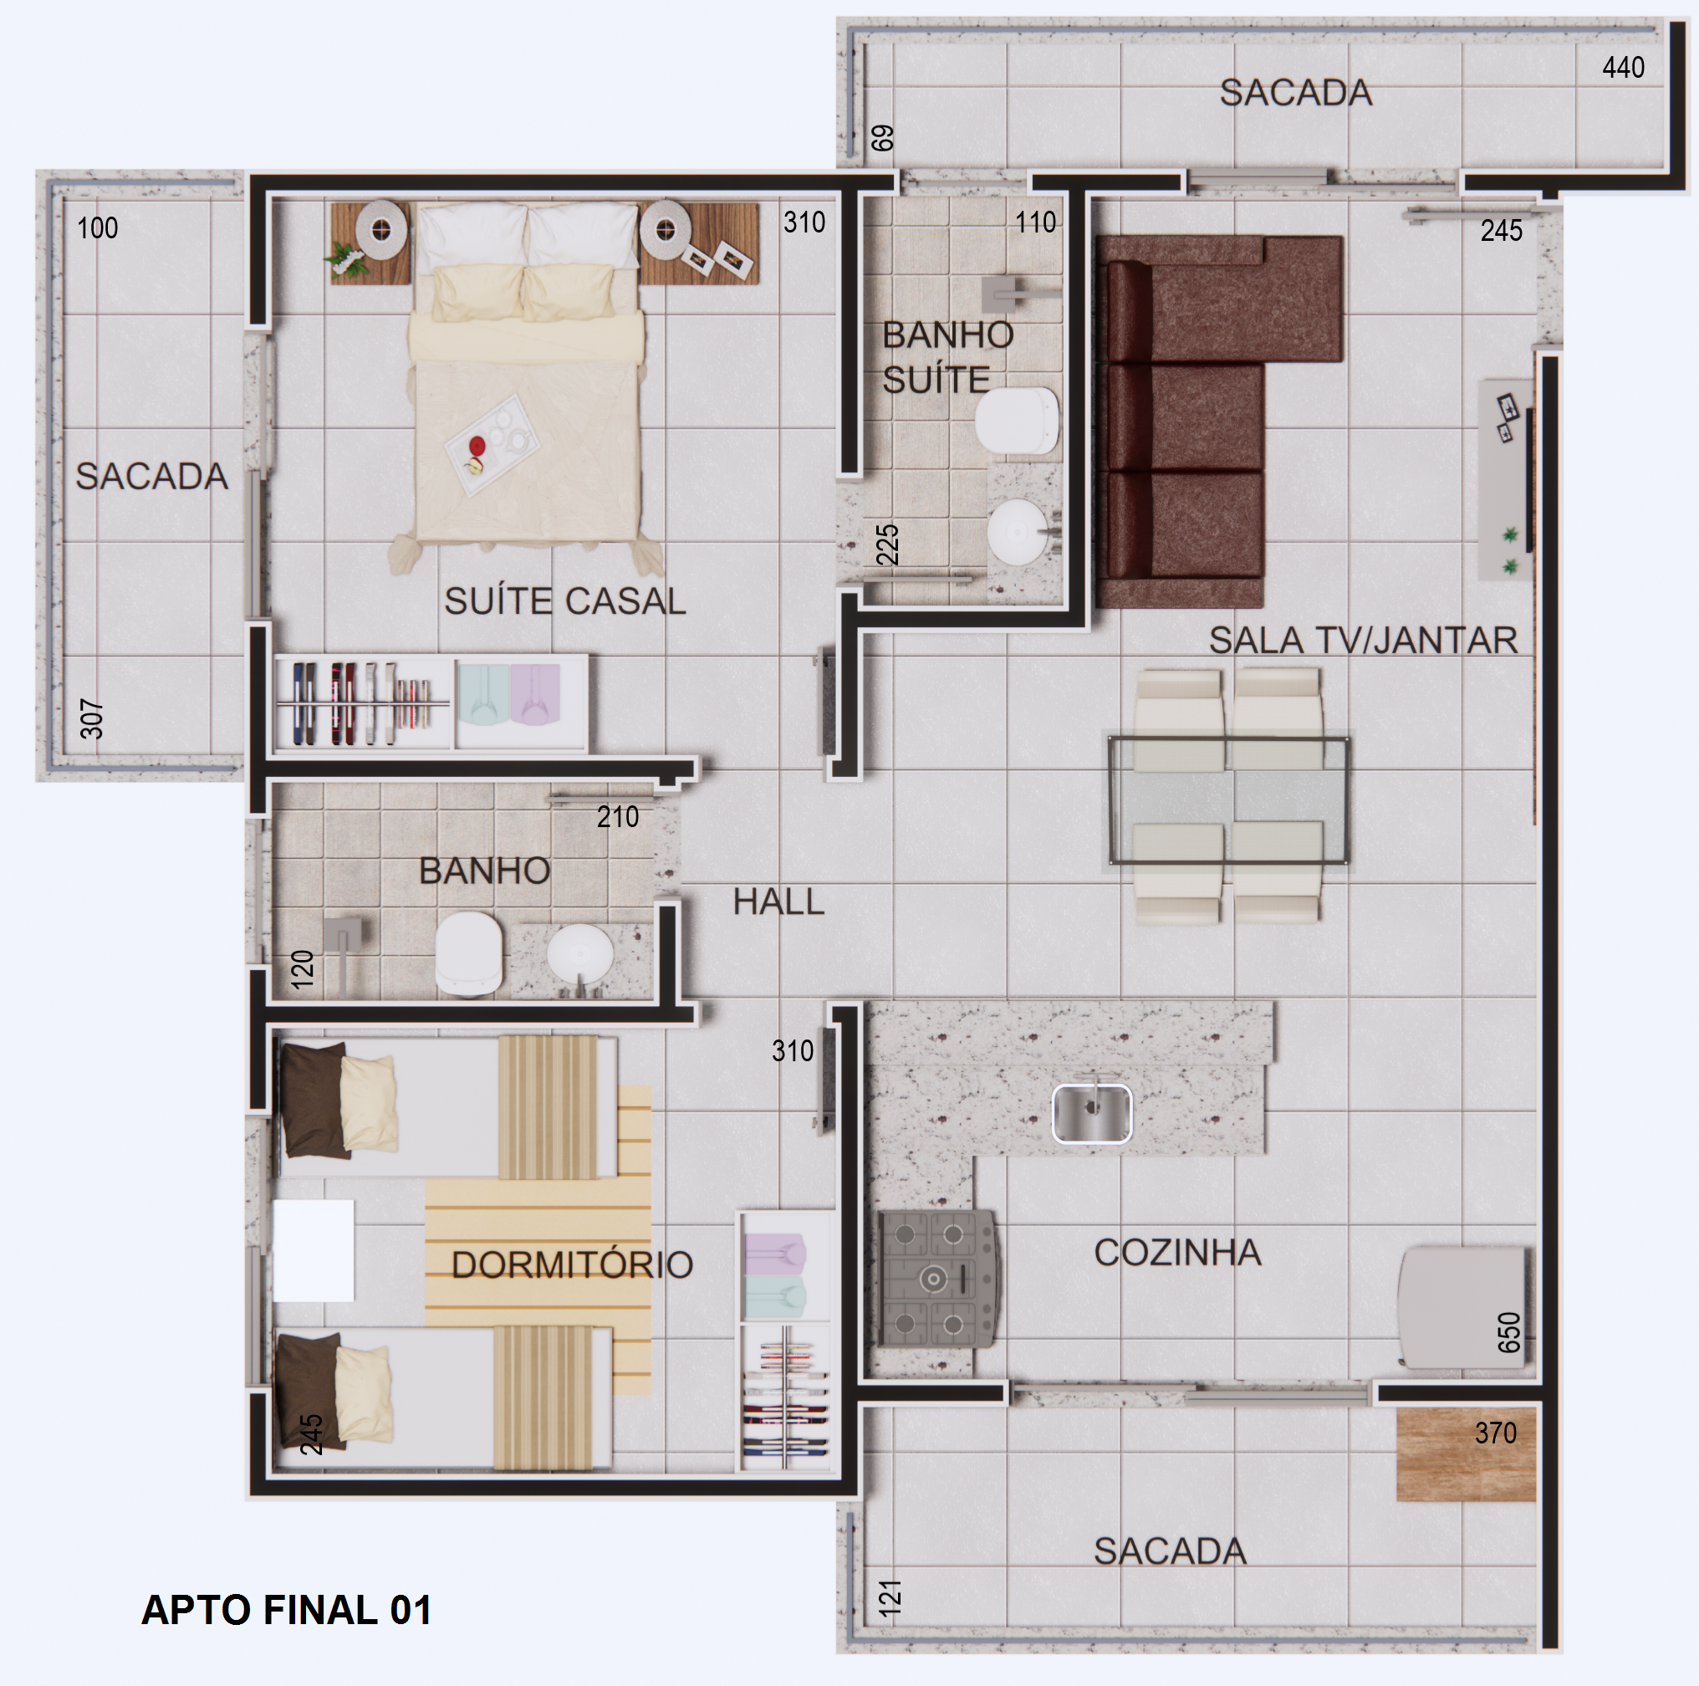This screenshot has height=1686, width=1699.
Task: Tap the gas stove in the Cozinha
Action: point(938,1278)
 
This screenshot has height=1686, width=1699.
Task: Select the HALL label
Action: point(778,902)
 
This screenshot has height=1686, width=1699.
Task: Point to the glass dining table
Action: point(1228,800)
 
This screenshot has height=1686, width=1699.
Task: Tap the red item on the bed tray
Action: point(477,446)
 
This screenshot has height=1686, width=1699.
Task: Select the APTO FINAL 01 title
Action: point(287,1610)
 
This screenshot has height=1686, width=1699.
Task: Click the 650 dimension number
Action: point(1508,1332)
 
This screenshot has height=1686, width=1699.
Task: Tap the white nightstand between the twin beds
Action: point(313,1249)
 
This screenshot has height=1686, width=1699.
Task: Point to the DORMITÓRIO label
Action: point(572,1264)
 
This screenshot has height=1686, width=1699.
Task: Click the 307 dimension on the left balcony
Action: point(91,718)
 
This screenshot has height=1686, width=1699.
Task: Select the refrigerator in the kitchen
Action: point(1462,1306)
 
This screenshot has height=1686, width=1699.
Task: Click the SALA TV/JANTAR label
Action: point(1363,641)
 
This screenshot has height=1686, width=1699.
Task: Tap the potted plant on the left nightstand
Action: point(347,258)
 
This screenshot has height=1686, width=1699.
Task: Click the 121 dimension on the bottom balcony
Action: point(890,1597)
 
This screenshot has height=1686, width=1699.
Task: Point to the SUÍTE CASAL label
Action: point(564,601)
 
